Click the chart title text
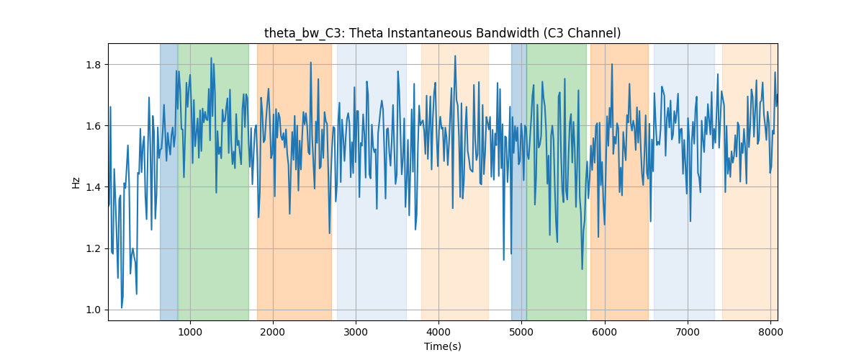pyautogui.click(x=442, y=34)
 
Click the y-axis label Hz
pyautogui.click(x=76, y=182)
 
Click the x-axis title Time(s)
pyautogui.click(x=442, y=346)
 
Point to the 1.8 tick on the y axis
pyautogui.click(x=94, y=65)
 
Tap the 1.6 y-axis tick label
pyautogui.click(x=94, y=126)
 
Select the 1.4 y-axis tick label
pyautogui.click(x=94, y=187)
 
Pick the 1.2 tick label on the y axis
pyautogui.click(x=94, y=249)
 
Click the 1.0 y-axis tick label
pyautogui.click(x=94, y=310)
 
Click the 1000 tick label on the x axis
pyautogui.click(x=190, y=332)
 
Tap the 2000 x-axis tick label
pyautogui.click(x=273, y=332)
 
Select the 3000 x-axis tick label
pyautogui.click(x=356, y=332)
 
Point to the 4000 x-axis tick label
pyautogui.click(x=438, y=332)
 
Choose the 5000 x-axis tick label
pyautogui.click(x=521, y=332)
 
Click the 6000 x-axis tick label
pyautogui.click(x=604, y=332)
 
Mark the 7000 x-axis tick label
pyautogui.click(x=688, y=332)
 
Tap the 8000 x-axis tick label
pyautogui.click(x=770, y=332)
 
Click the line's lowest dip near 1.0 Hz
pyautogui.click(x=122, y=307)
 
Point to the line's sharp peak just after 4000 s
pyautogui.click(x=455, y=56)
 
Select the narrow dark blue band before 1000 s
pyautogui.click(x=169, y=181)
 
